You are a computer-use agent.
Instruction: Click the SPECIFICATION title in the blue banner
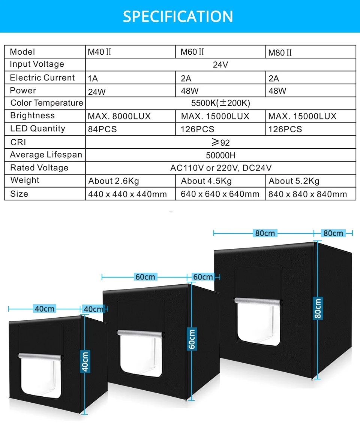click(x=178, y=16)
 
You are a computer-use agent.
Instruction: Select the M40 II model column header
click(x=99, y=52)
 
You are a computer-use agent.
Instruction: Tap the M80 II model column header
click(x=280, y=52)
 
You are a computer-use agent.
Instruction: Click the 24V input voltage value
click(x=220, y=65)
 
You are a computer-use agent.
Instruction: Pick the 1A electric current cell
click(x=93, y=79)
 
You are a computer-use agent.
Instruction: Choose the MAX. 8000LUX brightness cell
click(x=119, y=116)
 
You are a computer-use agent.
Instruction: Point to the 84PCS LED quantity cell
click(x=102, y=129)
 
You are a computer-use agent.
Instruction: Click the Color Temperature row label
click(x=46, y=103)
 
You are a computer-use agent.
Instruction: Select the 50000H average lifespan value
click(x=220, y=155)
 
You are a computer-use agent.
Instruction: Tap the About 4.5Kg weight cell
click(x=206, y=181)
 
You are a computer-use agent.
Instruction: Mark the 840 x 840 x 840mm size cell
click(x=307, y=194)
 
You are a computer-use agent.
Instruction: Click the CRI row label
click(x=18, y=142)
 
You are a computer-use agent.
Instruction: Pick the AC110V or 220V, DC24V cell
click(x=220, y=168)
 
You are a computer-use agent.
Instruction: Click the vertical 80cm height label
click(x=318, y=308)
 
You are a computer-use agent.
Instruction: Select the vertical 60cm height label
click(x=192, y=339)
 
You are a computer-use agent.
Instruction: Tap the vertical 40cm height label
click(x=85, y=361)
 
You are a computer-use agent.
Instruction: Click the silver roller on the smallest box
click(x=40, y=356)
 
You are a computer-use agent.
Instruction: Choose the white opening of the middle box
click(x=139, y=356)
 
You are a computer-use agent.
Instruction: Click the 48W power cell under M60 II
click(x=189, y=91)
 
